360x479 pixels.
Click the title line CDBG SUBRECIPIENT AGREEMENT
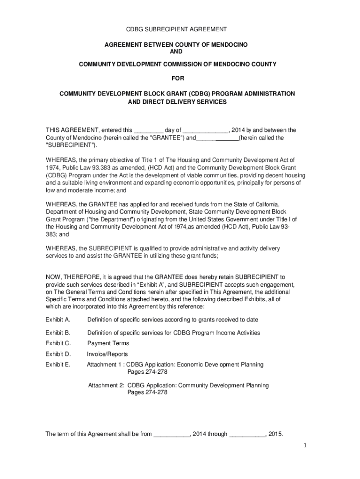coord(177,29)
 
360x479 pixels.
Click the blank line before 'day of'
coord(148,131)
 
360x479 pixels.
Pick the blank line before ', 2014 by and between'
coord(205,131)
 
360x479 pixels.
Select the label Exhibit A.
coord(58,320)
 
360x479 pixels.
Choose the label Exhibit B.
coord(58,333)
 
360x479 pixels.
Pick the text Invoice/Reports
coord(107,354)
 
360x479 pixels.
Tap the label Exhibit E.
coord(58,365)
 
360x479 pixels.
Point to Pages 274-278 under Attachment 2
coord(147,393)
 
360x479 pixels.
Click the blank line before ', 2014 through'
coord(171,435)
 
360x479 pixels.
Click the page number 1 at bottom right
coord(304,446)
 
